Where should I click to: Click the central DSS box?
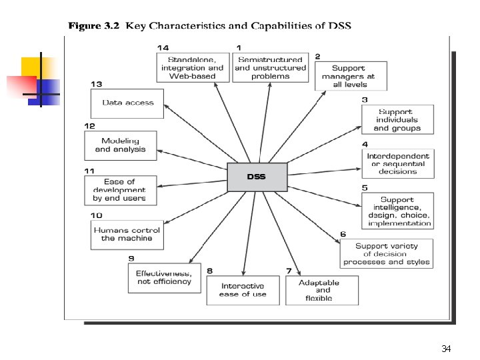pos(257,177)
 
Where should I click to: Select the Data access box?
pos(127,103)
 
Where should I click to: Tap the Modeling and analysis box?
pos(121,145)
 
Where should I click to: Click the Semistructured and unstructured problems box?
pos(271,67)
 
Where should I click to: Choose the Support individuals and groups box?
pos(397,119)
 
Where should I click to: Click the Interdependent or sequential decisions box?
pos(397,163)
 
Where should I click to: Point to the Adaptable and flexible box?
pos(322,290)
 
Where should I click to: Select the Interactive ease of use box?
pos(243,290)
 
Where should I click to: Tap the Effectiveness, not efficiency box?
pos(164,277)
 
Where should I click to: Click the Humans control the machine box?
pos(127,234)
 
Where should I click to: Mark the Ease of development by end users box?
pos(120,190)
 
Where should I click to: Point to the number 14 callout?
pos(163,47)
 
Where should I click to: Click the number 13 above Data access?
pos(97,84)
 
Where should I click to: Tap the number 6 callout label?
pos(343,234)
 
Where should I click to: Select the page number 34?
pos(446,349)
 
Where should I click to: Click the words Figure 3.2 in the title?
pos(94,26)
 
